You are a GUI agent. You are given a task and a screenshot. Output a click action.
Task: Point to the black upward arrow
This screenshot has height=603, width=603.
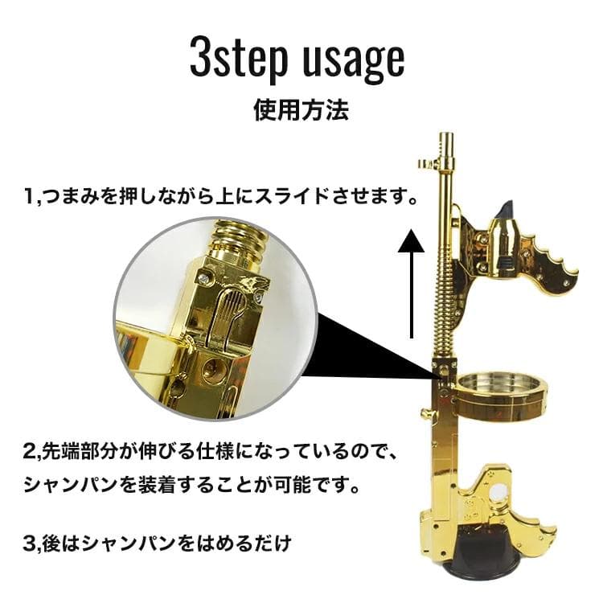412,281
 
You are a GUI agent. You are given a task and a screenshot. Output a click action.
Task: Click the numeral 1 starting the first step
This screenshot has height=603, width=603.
27,195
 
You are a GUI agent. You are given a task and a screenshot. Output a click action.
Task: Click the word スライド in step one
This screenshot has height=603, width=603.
293,195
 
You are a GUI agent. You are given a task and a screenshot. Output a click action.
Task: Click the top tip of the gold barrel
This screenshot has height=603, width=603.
447,138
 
